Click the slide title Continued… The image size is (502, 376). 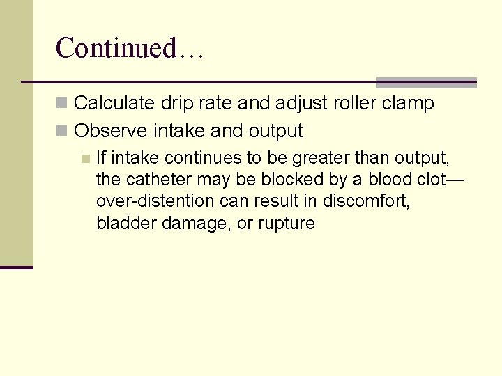coord(129,48)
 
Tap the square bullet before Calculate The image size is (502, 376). coord(62,104)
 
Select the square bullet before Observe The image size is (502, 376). coord(62,132)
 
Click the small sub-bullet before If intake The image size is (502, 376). coord(84,158)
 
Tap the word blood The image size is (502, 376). coord(378,180)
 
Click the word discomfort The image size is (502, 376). coord(381,202)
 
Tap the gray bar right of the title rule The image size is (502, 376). coord(426,82)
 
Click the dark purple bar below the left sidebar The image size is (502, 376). coord(16,267)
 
